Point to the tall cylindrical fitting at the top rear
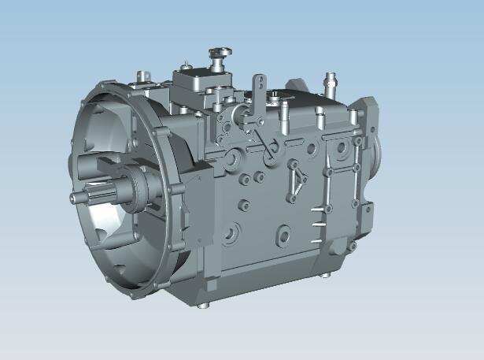point(330,82)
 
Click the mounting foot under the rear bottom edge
point(323,276)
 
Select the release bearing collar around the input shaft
point(139,189)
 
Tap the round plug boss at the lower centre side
point(283,234)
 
